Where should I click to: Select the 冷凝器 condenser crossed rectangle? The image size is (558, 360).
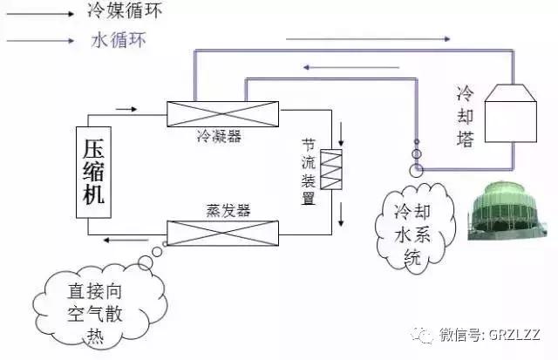(222, 113)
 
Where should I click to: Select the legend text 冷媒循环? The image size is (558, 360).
(126, 12)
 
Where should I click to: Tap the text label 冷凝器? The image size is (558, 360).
(219, 135)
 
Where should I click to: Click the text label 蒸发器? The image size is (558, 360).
(228, 211)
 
